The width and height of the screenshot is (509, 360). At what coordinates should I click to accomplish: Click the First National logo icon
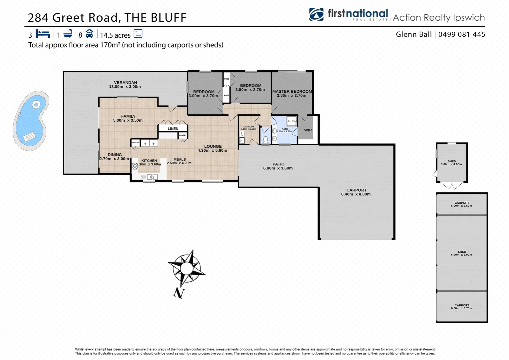316,14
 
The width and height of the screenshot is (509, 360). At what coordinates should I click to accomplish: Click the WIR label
308,130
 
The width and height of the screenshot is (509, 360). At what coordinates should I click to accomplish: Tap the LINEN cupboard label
173,129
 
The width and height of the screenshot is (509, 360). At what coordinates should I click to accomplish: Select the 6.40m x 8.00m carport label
356,192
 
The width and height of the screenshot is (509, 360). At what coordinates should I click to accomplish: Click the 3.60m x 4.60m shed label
451,163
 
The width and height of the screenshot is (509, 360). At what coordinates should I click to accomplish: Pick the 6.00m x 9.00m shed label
462,253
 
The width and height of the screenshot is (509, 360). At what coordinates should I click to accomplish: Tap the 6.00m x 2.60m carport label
462,204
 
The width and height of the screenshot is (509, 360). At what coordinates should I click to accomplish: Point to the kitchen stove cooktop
135,166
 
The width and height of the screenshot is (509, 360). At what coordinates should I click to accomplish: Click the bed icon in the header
43,34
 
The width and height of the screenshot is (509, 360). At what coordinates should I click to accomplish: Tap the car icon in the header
89,34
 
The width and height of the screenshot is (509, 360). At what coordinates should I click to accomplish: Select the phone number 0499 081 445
462,34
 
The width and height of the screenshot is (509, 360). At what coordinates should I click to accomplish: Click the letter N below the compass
179,293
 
